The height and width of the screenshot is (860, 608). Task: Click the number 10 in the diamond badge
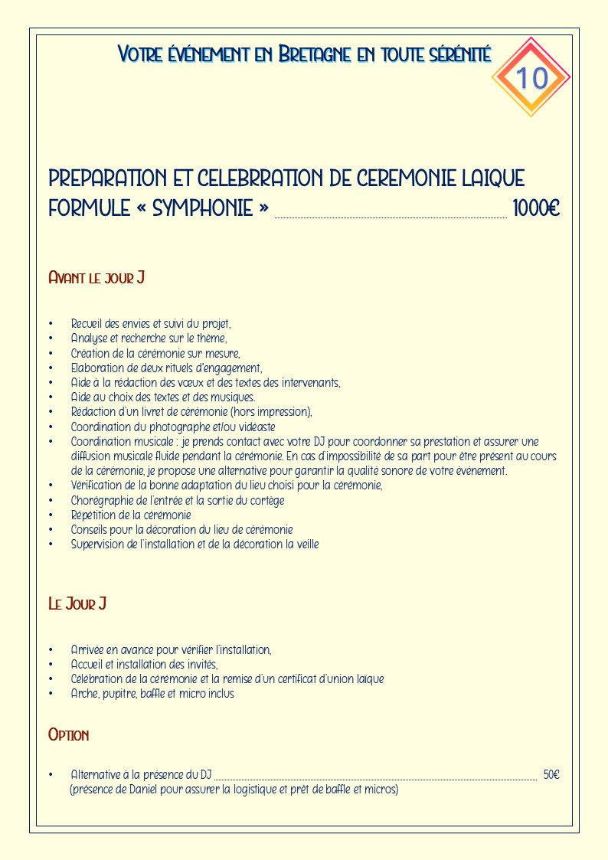[x=531, y=77]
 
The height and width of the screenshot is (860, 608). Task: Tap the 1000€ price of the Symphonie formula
[x=536, y=208]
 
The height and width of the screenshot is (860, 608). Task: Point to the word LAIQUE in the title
[x=493, y=178]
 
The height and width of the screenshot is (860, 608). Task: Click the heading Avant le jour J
[x=96, y=277]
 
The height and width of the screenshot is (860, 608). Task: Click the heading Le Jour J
[x=77, y=604]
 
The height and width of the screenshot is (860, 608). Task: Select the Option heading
[x=69, y=735]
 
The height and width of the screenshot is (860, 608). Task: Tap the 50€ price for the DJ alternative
[x=551, y=775]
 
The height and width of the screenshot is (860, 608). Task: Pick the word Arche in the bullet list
[x=85, y=694]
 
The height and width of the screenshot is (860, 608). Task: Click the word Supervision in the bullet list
[x=98, y=544]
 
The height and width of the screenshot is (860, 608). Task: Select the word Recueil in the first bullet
[x=87, y=324]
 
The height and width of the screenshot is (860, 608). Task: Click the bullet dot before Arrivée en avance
[x=51, y=650]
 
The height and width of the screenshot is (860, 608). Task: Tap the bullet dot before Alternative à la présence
[x=51, y=775]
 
